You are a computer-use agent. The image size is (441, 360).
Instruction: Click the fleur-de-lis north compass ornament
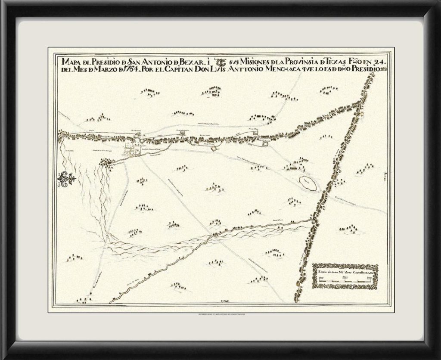(68, 178)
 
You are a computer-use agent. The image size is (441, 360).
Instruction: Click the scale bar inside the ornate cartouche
(345, 280)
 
